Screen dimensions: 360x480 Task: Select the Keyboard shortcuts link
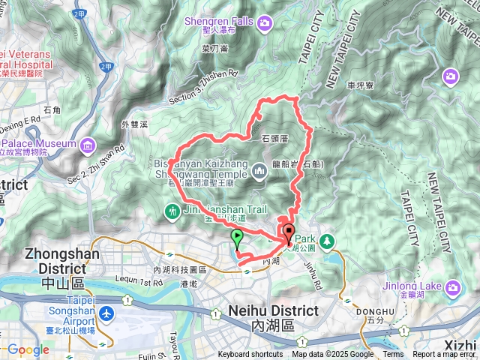pyautogui.click(x=250, y=355)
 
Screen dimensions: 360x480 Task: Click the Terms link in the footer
pyautogui.click(x=393, y=355)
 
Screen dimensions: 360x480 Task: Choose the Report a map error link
pyautogui.click(x=445, y=355)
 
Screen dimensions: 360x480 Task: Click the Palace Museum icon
pyautogui.click(x=88, y=143)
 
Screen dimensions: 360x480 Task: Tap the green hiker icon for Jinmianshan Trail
pyautogui.click(x=173, y=212)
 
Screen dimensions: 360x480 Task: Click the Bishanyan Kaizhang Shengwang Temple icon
pyautogui.click(x=260, y=172)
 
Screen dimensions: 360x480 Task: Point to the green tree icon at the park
pyautogui.click(x=326, y=241)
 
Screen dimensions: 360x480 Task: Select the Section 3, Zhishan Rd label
pyautogui.click(x=202, y=87)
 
